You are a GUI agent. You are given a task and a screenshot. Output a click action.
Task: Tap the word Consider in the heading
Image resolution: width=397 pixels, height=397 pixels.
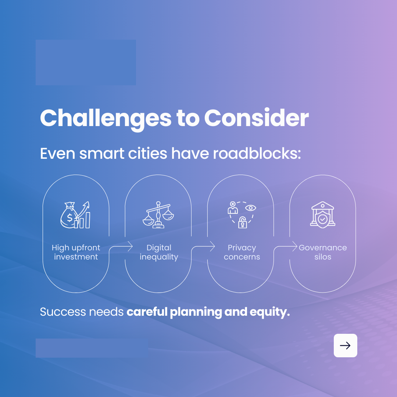[256, 118]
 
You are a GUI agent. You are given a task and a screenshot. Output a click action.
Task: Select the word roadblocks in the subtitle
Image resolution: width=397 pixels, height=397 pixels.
[257, 154]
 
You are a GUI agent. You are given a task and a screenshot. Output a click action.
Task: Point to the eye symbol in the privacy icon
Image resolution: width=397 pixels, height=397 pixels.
[251, 208]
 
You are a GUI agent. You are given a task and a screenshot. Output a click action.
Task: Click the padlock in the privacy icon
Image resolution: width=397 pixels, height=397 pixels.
[242, 222]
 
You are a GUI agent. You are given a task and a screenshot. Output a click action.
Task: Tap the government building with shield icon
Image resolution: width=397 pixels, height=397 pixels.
[322, 215]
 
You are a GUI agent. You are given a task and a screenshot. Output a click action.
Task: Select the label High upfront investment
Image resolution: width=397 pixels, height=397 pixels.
[76, 252]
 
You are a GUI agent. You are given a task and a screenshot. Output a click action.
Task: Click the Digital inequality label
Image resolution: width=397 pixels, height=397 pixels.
[158, 252]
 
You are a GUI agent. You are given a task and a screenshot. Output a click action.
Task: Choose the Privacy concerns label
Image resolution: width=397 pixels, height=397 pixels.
[242, 252]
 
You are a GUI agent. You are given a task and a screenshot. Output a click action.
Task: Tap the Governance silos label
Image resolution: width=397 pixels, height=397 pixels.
[323, 252]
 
